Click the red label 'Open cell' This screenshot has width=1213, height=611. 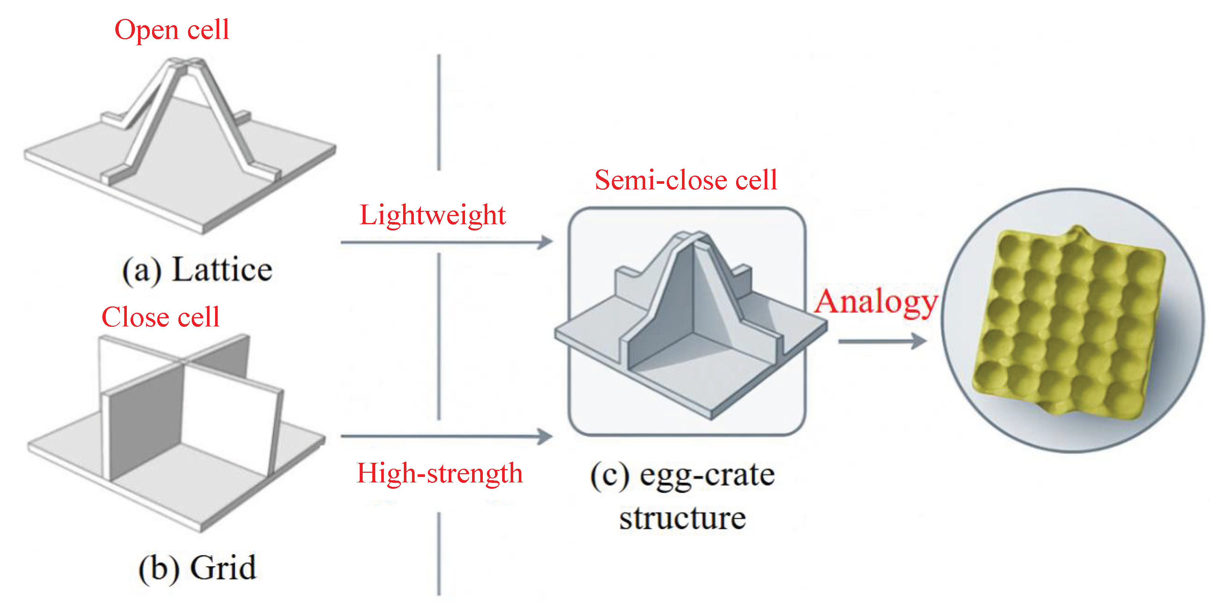[x=172, y=30]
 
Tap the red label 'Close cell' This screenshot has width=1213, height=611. [x=161, y=317]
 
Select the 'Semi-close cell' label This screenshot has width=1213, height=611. [x=686, y=180]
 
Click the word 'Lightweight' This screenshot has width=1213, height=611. [x=432, y=215]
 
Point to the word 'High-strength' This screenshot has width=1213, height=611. [x=440, y=473]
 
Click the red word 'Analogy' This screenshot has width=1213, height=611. [x=876, y=302]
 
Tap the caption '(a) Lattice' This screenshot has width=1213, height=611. [x=197, y=270]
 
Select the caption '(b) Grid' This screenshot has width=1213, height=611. [x=197, y=568]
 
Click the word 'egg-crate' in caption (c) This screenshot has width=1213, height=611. [x=707, y=475]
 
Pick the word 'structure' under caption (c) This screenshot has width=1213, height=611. [x=682, y=518]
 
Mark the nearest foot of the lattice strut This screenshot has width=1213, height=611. [x=113, y=176]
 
